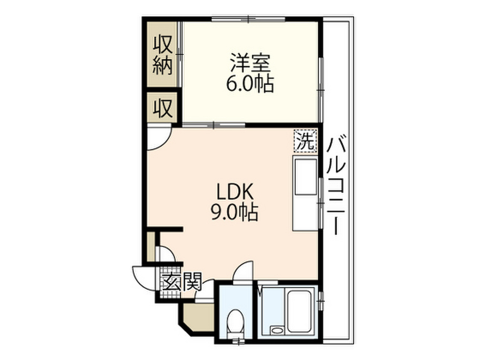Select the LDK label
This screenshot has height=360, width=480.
pos(235,192)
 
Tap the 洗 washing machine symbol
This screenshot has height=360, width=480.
pos(305,141)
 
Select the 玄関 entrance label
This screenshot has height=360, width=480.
pos(182,282)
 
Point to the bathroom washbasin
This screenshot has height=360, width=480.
pos(277,330)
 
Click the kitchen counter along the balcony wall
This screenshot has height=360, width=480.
pos(305,193)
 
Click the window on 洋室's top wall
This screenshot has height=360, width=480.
pos(248,19)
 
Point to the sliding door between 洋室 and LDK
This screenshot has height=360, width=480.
pos(214,125)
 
